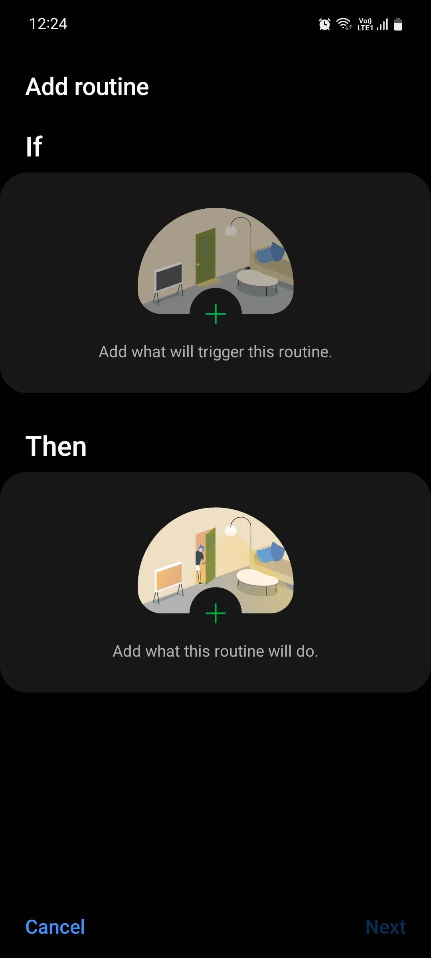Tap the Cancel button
pos(55,927)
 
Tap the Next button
pos(385,927)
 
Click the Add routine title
pos(87,87)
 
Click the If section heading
pos(34,146)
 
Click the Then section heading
pos(56,446)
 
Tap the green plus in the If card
pos(215,314)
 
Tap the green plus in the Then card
pos(215,613)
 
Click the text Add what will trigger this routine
pos(215,352)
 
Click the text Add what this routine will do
pos(215,651)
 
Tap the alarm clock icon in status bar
pos(324,24)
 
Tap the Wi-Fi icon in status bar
pos(344,24)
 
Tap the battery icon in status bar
pos(398,24)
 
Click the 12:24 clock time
pos(48,24)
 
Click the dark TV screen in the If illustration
pos(169,277)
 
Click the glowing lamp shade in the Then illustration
pos(231,530)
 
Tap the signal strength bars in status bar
pos(383,25)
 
